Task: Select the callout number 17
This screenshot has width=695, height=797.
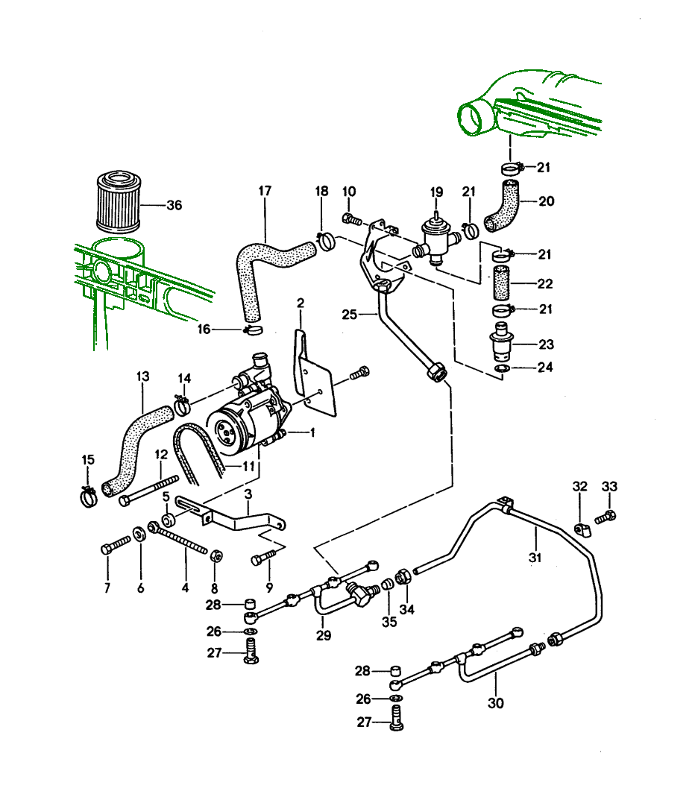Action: [265, 192]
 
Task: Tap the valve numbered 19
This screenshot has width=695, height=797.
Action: [435, 239]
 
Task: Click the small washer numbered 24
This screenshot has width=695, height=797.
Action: [503, 369]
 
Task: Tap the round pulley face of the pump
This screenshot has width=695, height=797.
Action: [227, 431]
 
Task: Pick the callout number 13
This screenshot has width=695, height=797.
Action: [143, 376]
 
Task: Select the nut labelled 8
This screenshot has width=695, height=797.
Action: [216, 555]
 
